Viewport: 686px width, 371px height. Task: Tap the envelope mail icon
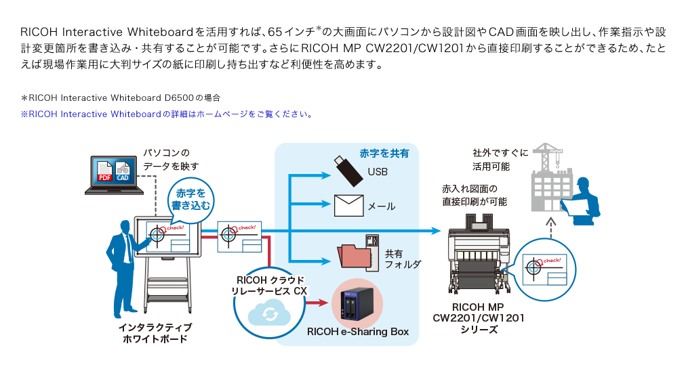click(348, 204)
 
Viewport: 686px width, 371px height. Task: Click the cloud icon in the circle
click(270, 313)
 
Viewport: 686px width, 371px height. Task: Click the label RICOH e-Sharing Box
click(357, 332)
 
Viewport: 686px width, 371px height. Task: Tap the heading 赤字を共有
click(384, 154)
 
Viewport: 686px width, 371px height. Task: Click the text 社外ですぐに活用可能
click(491, 160)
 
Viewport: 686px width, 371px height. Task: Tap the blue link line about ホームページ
click(166, 114)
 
